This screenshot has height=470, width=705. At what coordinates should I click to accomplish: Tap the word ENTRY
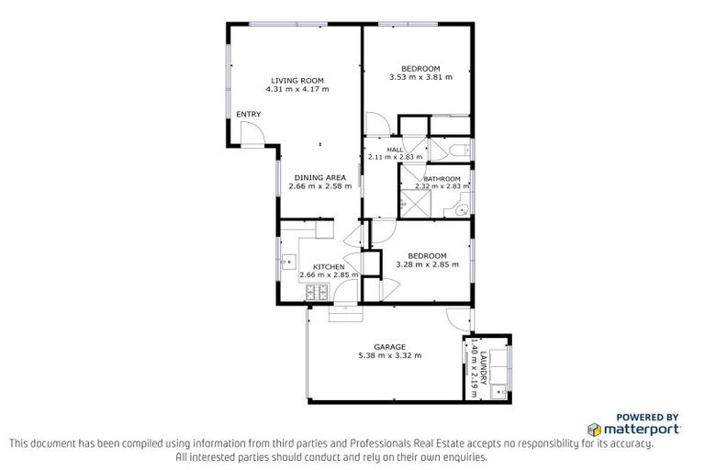(x=248, y=114)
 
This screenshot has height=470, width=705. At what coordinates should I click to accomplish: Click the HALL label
(x=395, y=149)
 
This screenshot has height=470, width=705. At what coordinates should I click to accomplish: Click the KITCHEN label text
(x=328, y=266)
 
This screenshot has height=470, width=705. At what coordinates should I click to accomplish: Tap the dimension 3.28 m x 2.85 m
(x=427, y=264)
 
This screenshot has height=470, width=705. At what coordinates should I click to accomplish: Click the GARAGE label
(x=390, y=346)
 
